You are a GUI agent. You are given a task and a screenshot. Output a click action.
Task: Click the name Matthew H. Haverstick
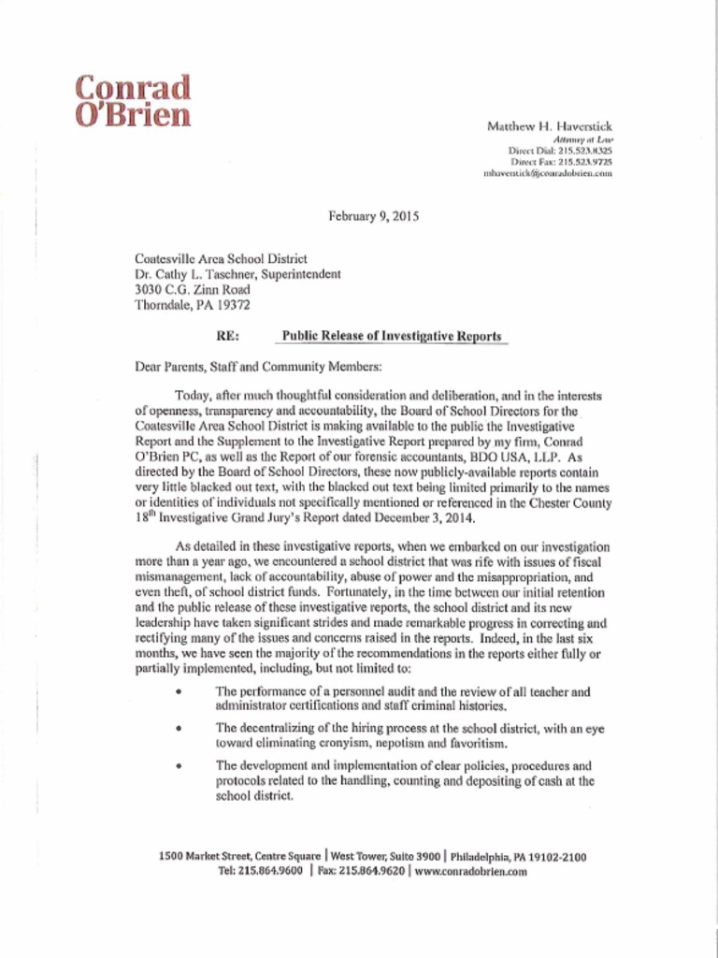point(549,125)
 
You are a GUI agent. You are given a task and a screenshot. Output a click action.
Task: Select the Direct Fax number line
point(561,161)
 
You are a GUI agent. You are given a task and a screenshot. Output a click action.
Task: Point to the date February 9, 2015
point(373,216)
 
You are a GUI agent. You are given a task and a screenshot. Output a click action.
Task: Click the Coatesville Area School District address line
point(222,258)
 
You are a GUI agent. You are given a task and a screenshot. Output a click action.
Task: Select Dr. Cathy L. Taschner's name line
point(237,274)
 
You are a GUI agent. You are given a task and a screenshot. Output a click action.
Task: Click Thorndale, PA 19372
point(193,304)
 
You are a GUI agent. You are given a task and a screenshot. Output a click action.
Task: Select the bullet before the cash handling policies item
point(177,765)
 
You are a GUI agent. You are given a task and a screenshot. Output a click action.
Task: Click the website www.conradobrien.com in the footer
point(471,871)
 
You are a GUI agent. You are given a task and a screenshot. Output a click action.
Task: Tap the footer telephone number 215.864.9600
point(271,871)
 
